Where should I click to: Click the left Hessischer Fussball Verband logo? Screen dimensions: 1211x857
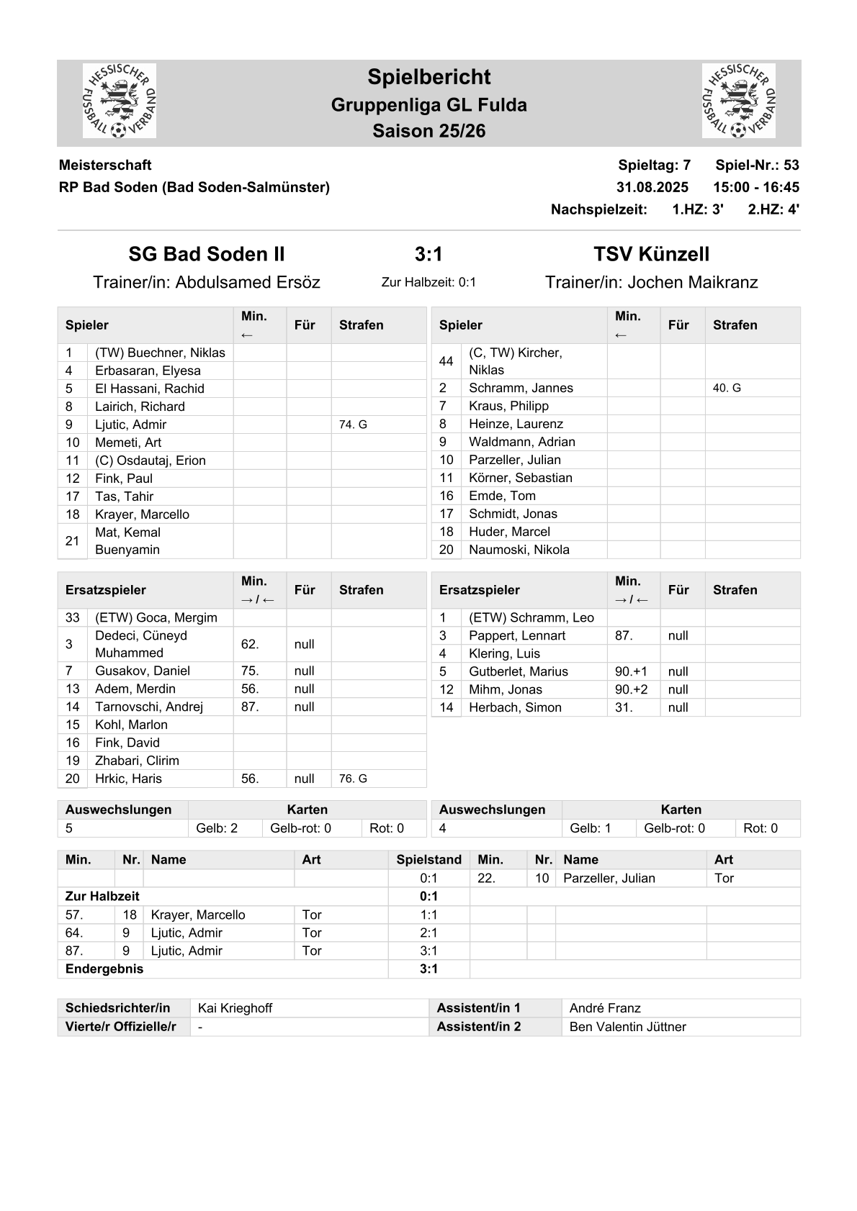[120, 101]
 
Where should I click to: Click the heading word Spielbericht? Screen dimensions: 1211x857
[428, 77]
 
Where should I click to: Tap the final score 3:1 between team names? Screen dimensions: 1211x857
[428, 254]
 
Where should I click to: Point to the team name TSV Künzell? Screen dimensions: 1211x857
[651, 254]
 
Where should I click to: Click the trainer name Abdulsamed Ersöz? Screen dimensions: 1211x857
[248, 282]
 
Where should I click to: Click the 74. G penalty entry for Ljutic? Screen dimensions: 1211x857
[353, 425]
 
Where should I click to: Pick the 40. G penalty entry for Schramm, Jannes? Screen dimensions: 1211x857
[727, 388]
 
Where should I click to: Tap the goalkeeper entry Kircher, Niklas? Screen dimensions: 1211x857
[515, 361]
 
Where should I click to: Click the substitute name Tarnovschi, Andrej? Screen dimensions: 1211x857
[149, 707]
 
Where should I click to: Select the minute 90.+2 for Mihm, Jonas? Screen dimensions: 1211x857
[631, 689]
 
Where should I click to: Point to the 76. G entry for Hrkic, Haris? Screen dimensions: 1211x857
[353, 779]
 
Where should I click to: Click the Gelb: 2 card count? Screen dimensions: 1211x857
[217, 828]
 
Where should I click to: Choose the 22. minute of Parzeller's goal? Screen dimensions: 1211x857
[487, 878]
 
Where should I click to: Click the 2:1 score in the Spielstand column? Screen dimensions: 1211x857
[428, 933]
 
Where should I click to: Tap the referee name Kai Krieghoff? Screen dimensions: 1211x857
[235, 1008]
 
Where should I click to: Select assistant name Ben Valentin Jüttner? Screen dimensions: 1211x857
[627, 1027]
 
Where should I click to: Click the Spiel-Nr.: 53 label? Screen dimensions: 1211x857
[757, 165]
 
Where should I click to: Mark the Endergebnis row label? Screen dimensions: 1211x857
[104, 969]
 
